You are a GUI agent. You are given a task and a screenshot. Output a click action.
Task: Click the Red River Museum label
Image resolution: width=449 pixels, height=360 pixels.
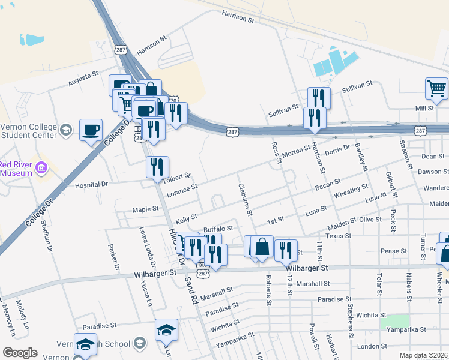click(x=15, y=169)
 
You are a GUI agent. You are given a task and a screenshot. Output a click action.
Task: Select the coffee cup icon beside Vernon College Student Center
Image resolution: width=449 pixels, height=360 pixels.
click(x=91, y=130)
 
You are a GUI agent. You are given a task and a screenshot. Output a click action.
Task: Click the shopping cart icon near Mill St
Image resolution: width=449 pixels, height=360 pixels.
click(x=436, y=89)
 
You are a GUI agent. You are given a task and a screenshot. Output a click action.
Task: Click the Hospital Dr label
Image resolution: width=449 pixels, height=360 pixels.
click(x=91, y=185)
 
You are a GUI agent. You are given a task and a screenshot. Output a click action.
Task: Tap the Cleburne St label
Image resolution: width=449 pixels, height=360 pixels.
click(x=245, y=199)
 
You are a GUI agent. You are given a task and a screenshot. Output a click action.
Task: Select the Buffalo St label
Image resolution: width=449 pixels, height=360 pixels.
click(x=218, y=229)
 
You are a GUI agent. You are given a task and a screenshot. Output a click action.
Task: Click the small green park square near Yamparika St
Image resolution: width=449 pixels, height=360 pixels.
click(x=394, y=321)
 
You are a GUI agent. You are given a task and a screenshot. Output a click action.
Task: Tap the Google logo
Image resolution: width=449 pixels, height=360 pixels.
click(x=20, y=353)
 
